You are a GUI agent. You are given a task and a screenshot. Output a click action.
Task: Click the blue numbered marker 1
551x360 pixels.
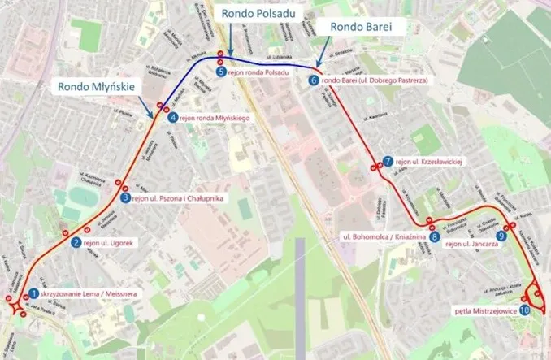(33, 293)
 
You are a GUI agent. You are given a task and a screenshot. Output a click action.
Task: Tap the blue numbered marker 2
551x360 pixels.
(76, 242)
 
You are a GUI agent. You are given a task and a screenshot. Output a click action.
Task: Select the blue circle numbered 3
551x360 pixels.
(124, 197)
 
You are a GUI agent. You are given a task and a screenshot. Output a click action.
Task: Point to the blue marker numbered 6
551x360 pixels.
(314, 80)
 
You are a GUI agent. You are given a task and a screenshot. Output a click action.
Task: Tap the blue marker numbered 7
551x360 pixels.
(388, 161)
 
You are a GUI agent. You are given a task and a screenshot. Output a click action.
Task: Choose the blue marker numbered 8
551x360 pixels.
(435, 237)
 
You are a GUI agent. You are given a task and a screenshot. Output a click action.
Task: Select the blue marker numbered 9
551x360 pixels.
(501, 236)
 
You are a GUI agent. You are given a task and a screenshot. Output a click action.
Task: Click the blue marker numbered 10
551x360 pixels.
(524, 310)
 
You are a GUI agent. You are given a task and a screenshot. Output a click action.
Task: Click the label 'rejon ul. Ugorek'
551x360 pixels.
(108, 242)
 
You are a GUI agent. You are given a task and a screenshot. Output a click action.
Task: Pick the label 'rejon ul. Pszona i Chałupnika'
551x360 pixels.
(174, 197)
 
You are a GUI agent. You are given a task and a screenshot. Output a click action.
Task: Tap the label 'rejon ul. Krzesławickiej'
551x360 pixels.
(429, 161)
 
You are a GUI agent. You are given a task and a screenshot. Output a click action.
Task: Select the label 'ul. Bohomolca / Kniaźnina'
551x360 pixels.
(384, 237)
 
